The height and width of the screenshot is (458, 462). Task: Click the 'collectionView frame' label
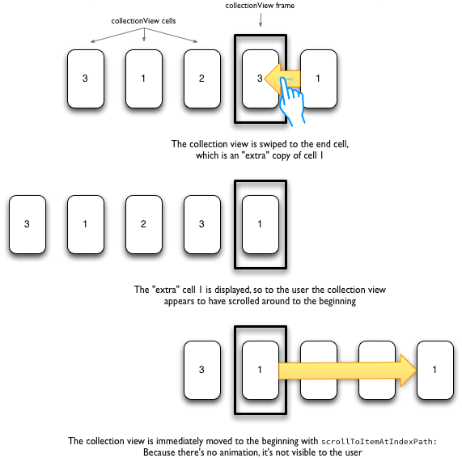click(x=260, y=6)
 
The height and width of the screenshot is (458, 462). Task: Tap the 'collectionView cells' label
click(x=143, y=21)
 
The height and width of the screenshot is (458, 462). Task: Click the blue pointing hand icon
click(x=292, y=101)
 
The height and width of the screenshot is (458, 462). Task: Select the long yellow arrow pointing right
click(x=347, y=371)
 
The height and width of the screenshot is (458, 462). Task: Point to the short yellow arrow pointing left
click(x=282, y=79)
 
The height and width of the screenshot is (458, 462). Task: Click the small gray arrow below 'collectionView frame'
click(x=261, y=20)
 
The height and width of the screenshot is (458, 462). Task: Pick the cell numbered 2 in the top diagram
click(x=202, y=78)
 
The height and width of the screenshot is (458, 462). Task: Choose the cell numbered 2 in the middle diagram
click(x=144, y=224)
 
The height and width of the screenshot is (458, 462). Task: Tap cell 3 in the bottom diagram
click(x=202, y=370)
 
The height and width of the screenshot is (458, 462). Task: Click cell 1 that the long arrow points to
click(x=435, y=370)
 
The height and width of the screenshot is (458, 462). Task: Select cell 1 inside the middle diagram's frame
click(x=261, y=224)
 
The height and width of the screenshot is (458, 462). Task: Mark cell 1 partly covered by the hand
click(x=319, y=78)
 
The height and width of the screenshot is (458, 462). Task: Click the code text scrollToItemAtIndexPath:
click(x=379, y=442)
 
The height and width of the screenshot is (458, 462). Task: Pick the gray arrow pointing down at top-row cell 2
click(x=172, y=36)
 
